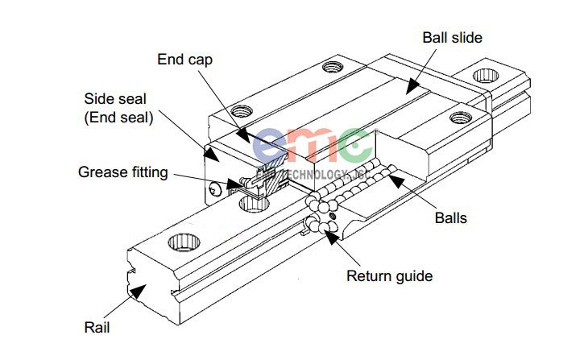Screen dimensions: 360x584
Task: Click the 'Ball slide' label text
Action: pyautogui.click(x=452, y=37)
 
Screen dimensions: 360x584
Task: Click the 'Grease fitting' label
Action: pyautogui.click(x=123, y=172)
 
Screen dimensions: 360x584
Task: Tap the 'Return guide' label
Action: pyautogui.click(x=389, y=276)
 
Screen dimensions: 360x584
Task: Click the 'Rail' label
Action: pyautogui.click(x=97, y=327)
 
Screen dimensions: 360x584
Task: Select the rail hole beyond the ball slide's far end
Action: pyautogui.click(x=486, y=77)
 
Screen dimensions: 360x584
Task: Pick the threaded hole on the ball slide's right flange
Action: pyautogui.click(x=460, y=118)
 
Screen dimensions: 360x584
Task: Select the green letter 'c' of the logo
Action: pyautogui.click(x=355, y=146)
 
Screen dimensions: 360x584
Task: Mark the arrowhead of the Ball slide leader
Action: pyautogui.click(x=408, y=86)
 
